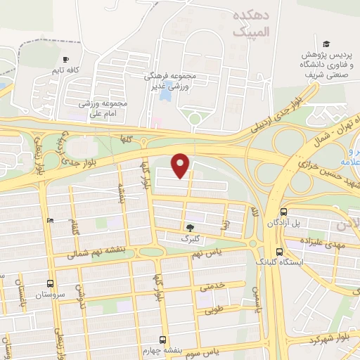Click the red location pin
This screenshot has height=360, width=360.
[x=181, y=165]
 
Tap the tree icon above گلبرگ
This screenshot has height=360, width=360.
[x=191, y=227]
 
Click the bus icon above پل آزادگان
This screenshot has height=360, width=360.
[x=283, y=212]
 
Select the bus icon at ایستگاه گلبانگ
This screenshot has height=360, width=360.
[x=280, y=252]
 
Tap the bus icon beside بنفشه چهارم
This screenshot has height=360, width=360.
[x=163, y=339]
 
